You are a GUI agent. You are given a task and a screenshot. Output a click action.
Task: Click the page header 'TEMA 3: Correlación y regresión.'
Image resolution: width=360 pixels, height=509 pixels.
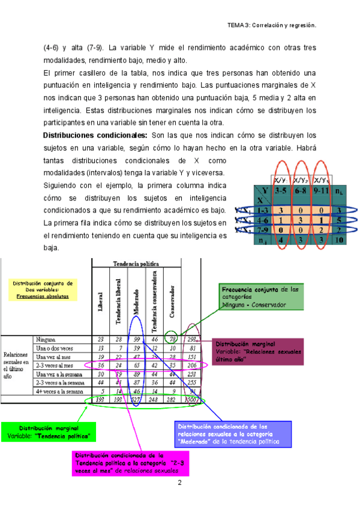tap(271, 26)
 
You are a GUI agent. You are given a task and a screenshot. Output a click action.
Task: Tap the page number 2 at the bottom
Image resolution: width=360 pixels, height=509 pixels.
tap(179, 483)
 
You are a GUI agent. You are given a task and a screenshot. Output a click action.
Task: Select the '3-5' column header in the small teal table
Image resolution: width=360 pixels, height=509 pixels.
tap(280, 190)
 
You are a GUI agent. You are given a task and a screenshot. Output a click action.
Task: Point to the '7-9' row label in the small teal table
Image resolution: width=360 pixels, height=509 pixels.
tap(261, 229)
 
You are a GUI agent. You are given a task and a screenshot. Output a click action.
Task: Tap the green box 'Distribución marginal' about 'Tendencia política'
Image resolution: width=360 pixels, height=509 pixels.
tap(49, 431)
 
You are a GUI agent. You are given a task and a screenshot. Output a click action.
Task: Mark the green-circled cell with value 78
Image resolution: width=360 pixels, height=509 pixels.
tap(172, 339)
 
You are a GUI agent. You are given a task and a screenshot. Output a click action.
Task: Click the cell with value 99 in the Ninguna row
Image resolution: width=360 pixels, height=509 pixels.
tap(137, 339)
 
